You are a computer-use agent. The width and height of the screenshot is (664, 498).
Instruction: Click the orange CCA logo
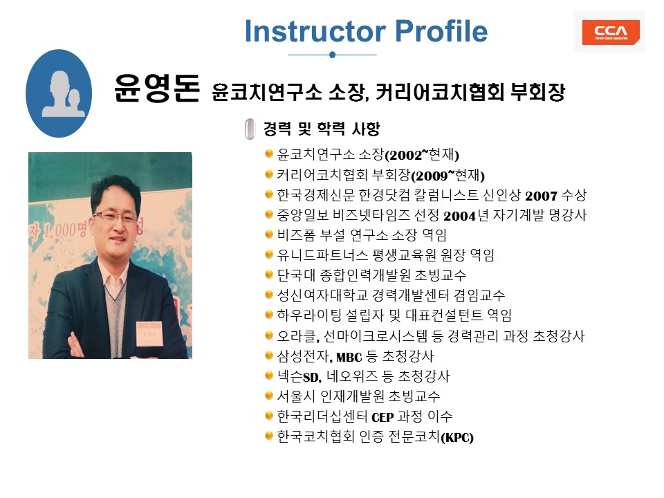pyautogui.click(x=610, y=33)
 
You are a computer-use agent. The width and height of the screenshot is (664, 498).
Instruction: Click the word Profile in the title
pyautogui.click(x=441, y=31)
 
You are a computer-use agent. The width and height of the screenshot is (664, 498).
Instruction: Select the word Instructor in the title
pyautogui.click(x=315, y=31)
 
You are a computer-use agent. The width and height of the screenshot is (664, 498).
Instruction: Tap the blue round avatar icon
pyautogui.click(x=59, y=93)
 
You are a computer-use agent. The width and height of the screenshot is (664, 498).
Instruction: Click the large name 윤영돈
pyautogui.click(x=157, y=88)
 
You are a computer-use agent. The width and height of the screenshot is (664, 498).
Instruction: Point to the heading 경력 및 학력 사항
pyautogui.click(x=322, y=129)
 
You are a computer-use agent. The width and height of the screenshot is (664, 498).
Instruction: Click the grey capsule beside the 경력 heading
pyautogui.click(x=250, y=129)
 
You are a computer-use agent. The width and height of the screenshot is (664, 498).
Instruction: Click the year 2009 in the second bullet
pyautogui.click(x=432, y=176)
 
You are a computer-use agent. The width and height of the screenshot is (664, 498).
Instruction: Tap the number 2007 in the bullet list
pyautogui.click(x=541, y=196)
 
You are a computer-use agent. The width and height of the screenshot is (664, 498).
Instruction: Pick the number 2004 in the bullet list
pyautogui.click(x=460, y=216)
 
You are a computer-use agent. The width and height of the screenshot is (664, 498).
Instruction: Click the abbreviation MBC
pyautogui.click(x=349, y=358)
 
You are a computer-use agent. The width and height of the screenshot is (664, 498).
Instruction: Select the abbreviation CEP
pyautogui.click(x=382, y=418)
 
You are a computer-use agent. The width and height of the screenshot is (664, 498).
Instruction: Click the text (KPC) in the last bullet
pyautogui.click(x=457, y=437)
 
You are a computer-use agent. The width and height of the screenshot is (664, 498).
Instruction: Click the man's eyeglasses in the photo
pyautogui.click(x=115, y=216)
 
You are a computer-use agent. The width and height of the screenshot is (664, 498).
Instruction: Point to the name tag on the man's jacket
pyautogui.click(x=149, y=333)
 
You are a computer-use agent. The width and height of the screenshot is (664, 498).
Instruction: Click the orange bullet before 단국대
pyautogui.click(x=268, y=275)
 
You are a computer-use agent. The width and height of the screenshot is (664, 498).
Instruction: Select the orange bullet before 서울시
pyautogui.click(x=268, y=396)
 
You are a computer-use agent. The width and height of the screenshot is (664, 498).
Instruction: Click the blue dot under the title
pyautogui.click(x=333, y=55)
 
